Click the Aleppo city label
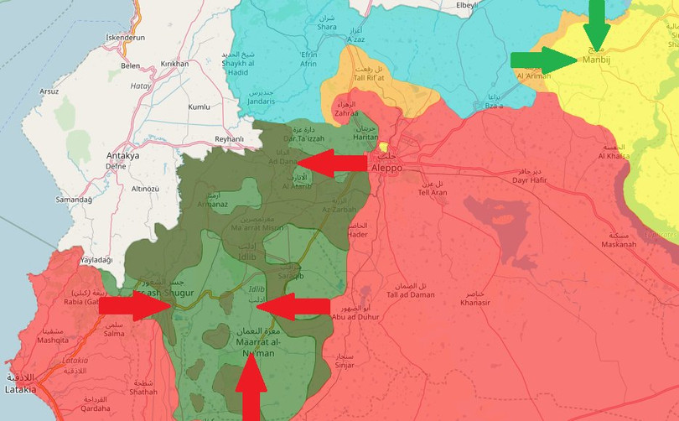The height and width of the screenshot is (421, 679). [x=386, y=168]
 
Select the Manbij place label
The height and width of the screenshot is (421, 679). [x=596, y=60]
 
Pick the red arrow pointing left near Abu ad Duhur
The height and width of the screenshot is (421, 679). [x=293, y=307]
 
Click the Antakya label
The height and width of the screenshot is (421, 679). [x=123, y=156]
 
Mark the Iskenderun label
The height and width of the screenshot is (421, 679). [x=126, y=39]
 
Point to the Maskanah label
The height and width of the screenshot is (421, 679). [x=619, y=245]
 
